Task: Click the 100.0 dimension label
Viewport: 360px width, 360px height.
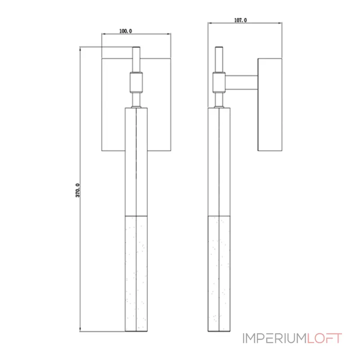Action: point(126,31)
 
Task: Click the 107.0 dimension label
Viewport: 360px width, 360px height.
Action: point(240,20)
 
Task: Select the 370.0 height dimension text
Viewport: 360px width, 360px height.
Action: point(77,190)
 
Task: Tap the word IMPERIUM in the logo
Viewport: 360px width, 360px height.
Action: point(274,338)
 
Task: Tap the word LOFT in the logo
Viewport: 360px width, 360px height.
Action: point(324,338)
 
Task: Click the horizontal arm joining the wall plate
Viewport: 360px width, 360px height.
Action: point(241,82)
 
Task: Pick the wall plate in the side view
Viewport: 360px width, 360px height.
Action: point(270,105)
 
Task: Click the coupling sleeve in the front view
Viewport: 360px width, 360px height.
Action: point(136,82)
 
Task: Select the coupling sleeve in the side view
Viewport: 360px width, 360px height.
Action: point(219,82)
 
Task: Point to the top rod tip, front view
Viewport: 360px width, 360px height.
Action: point(136,47)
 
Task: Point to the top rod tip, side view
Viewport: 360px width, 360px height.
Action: point(219,47)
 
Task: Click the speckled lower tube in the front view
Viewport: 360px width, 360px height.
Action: point(136,274)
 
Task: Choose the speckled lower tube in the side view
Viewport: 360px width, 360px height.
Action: point(219,274)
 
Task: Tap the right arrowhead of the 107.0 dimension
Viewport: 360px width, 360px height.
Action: point(280,23)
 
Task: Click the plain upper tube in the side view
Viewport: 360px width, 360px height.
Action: point(219,162)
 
